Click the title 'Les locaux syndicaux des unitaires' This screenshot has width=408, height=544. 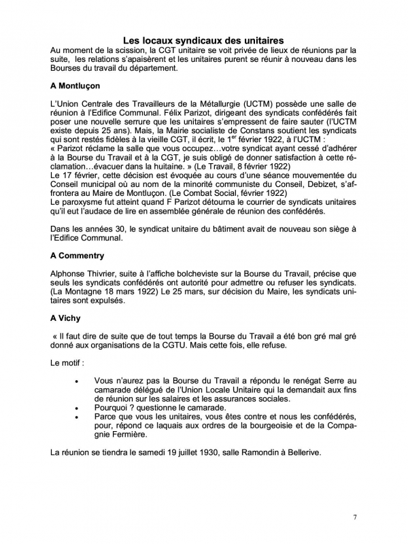point(203,40)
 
